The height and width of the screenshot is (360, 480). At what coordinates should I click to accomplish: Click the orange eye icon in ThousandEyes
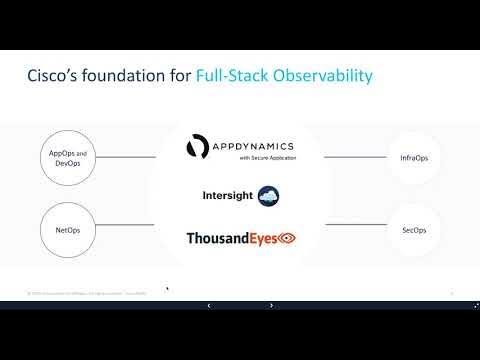tap(286, 239)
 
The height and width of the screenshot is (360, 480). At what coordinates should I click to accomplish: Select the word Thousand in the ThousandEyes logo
tap(217, 239)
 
